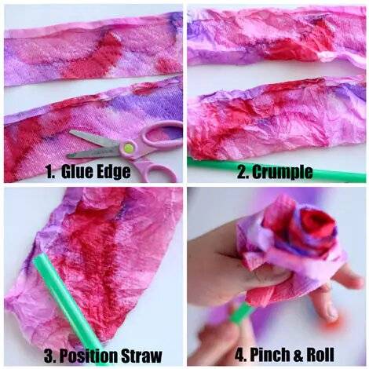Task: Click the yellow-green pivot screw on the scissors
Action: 128,148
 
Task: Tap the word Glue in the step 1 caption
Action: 76,172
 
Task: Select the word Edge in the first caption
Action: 114,173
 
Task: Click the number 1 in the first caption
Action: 50,172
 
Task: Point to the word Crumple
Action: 283,173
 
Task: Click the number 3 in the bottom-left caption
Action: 49,356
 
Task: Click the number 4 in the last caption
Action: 239,355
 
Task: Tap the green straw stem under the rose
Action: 241,313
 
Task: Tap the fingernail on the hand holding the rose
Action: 331,312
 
